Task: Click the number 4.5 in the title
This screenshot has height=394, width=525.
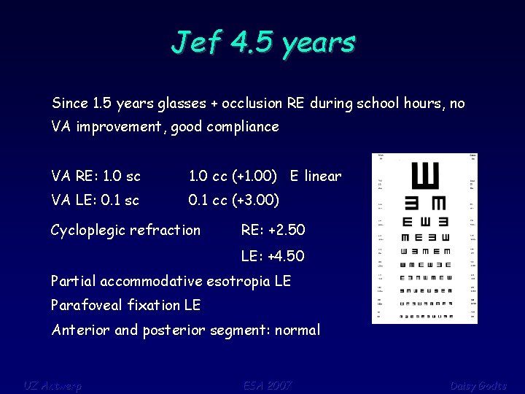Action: point(254,42)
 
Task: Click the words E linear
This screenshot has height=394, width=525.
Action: point(315,176)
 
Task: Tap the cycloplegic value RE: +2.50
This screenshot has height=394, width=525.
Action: point(273,231)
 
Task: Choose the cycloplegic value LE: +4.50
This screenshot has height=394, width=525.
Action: point(273,256)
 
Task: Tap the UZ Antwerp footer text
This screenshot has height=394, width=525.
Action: point(52,385)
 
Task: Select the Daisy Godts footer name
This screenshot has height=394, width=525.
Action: point(478,385)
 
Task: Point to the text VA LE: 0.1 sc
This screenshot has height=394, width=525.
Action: point(95,199)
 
